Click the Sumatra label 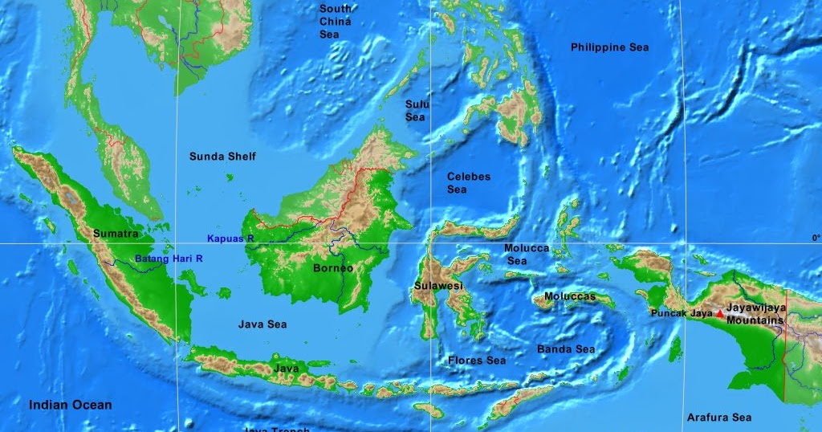point(116,234)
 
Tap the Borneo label point(332,268)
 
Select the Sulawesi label point(439,286)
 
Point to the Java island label point(287,369)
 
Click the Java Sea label point(262,324)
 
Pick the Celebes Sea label point(468,183)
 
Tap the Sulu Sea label point(416,111)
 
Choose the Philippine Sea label point(609,47)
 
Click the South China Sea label point(336,22)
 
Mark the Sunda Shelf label point(222,157)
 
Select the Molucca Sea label point(526,255)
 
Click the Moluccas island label point(570,296)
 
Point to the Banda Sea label point(566,349)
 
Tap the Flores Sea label point(477,361)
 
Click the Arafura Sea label point(718,418)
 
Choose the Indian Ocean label point(71,405)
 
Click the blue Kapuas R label point(230,238)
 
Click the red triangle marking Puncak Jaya point(718,313)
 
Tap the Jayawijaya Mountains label point(755,314)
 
